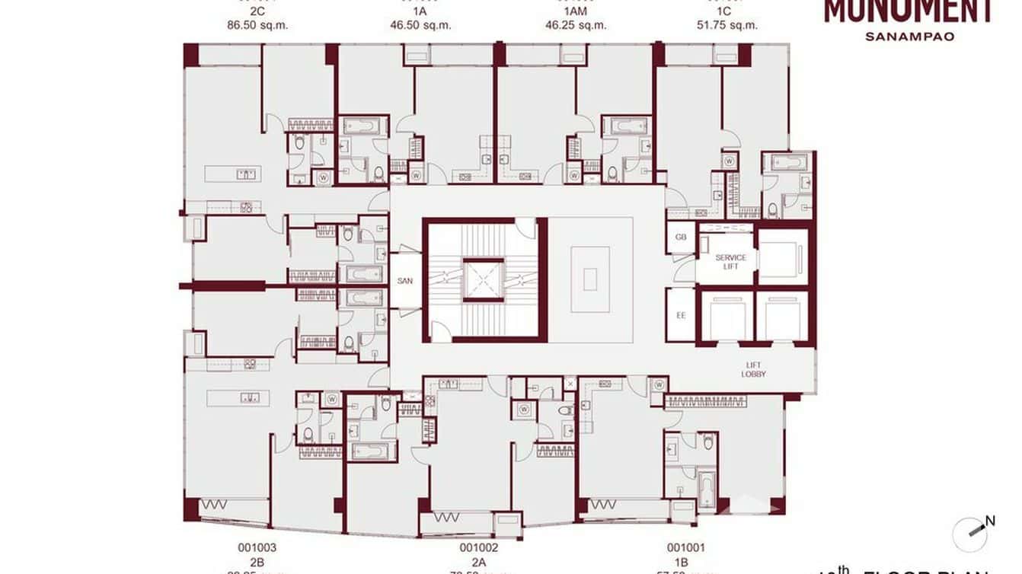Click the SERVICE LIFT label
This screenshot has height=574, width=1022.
(730, 262)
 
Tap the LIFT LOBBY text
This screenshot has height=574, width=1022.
(753, 370)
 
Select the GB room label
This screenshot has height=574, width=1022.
(681, 237)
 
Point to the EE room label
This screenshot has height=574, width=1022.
(681, 314)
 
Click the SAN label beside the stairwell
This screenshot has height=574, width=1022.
(405, 281)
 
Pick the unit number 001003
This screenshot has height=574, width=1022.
(257, 547)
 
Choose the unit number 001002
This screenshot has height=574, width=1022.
(479, 547)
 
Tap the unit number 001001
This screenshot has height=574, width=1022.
(686, 547)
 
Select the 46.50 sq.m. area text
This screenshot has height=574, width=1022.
(420, 25)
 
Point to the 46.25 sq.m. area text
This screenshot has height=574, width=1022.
(576, 25)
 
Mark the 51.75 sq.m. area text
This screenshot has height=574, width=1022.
(727, 25)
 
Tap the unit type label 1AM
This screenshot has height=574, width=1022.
(576, 11)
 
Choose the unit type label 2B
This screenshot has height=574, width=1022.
(257, 562)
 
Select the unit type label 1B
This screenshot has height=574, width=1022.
(686, 562)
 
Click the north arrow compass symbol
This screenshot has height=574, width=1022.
(971, 533)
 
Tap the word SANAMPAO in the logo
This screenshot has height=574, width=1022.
(909, 36)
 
